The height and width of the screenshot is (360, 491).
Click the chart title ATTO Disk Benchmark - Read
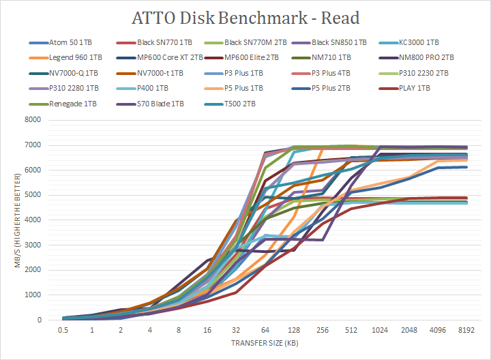pyautogui.click(x=245, y=17)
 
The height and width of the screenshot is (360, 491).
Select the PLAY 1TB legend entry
pyautogui.click(x=432, y=88)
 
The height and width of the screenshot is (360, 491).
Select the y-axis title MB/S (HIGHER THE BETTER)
pyautogui.click(x=17, y=220)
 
